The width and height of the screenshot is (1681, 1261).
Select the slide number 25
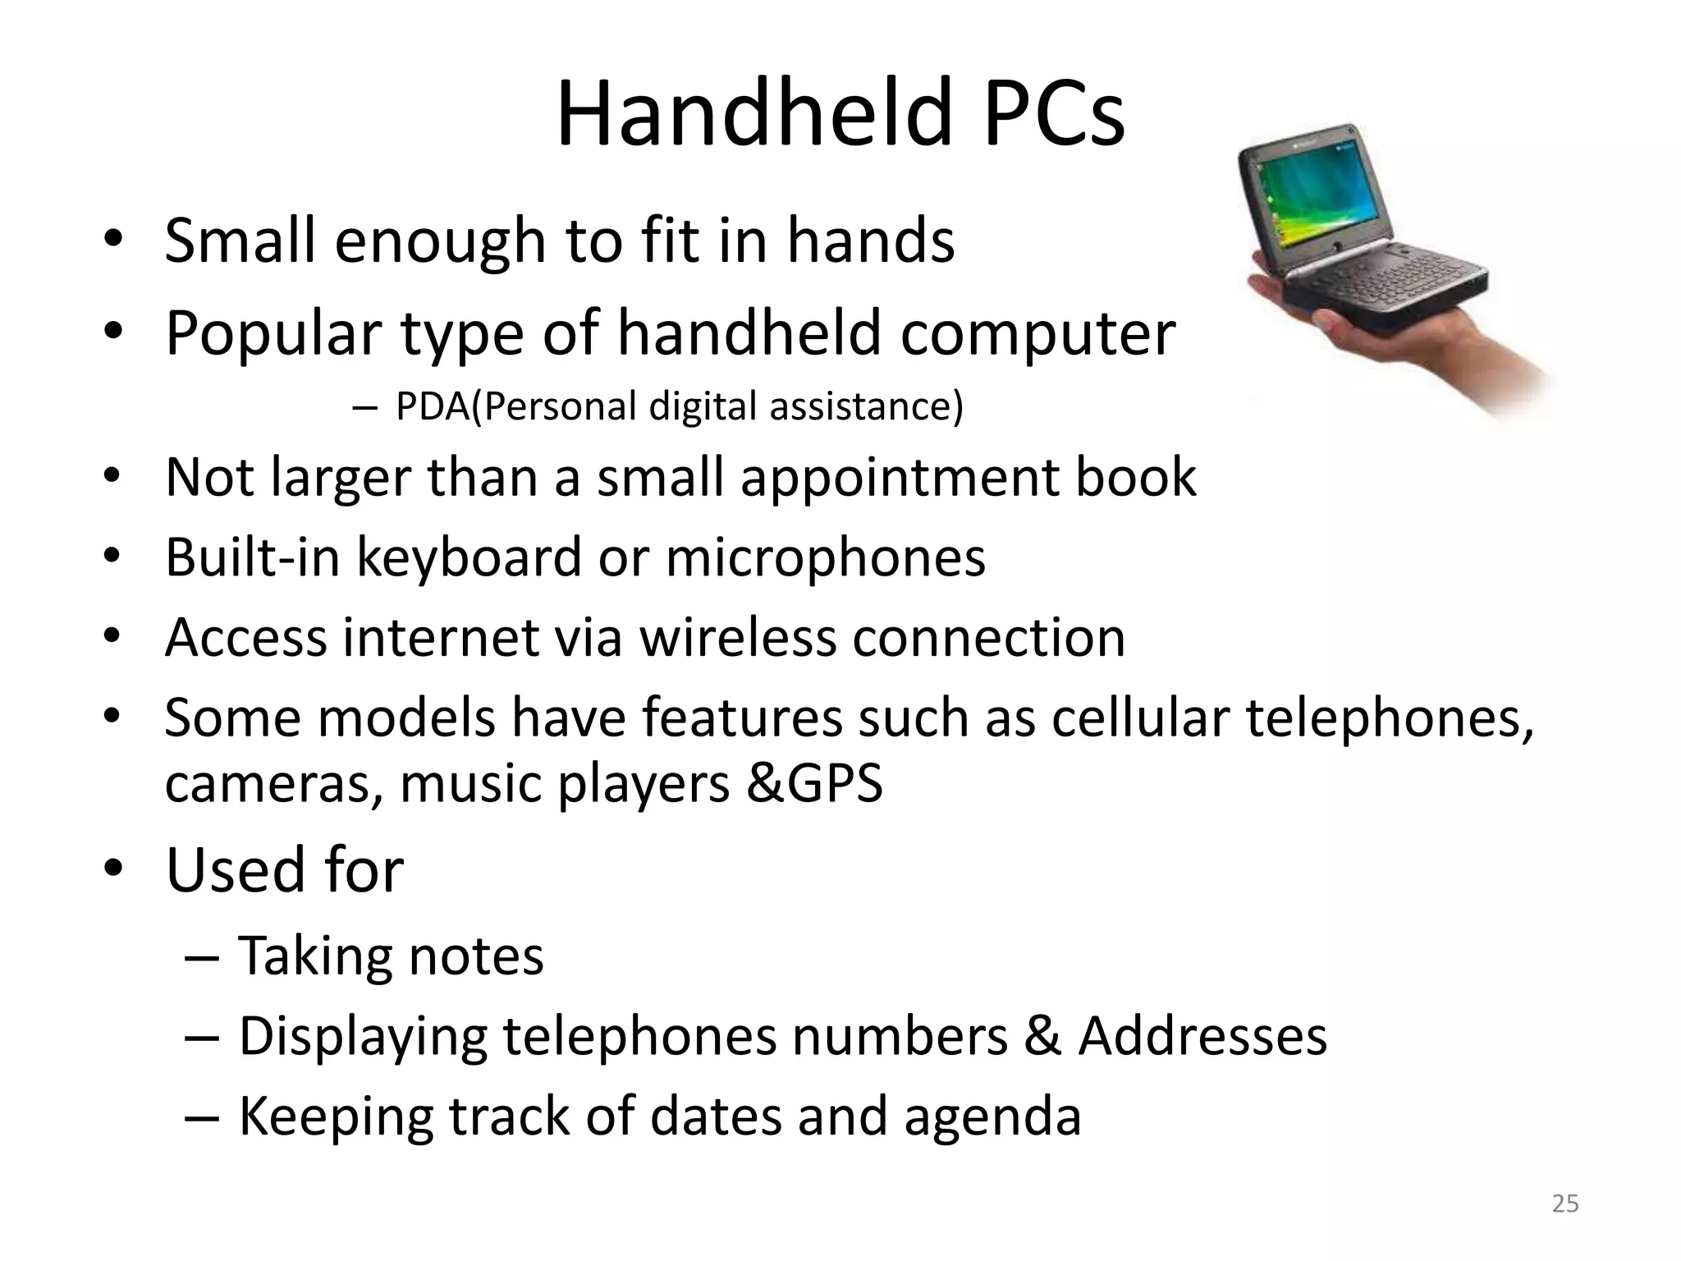tap(1565, 1204)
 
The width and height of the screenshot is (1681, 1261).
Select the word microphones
tap(826, 557)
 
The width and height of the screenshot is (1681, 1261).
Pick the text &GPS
tap(815, 783)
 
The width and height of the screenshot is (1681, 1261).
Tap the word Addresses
tap(1202, 1036)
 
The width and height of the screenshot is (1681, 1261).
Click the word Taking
tap(314, 957)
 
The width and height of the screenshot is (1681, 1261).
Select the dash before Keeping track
tap(202, 1117)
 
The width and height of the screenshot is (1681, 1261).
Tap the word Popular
tap(273, 333)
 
